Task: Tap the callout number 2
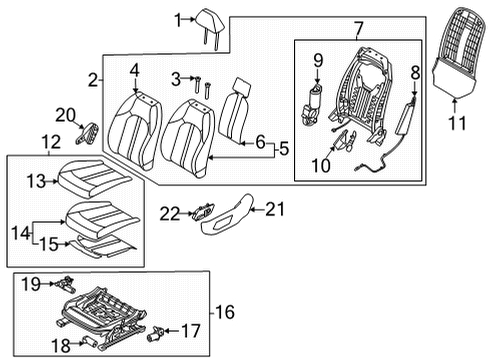(x=93, y=79)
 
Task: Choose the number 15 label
(x=46, y=243)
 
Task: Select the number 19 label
(x=31, y=284)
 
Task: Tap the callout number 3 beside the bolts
(x=176, y=78)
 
